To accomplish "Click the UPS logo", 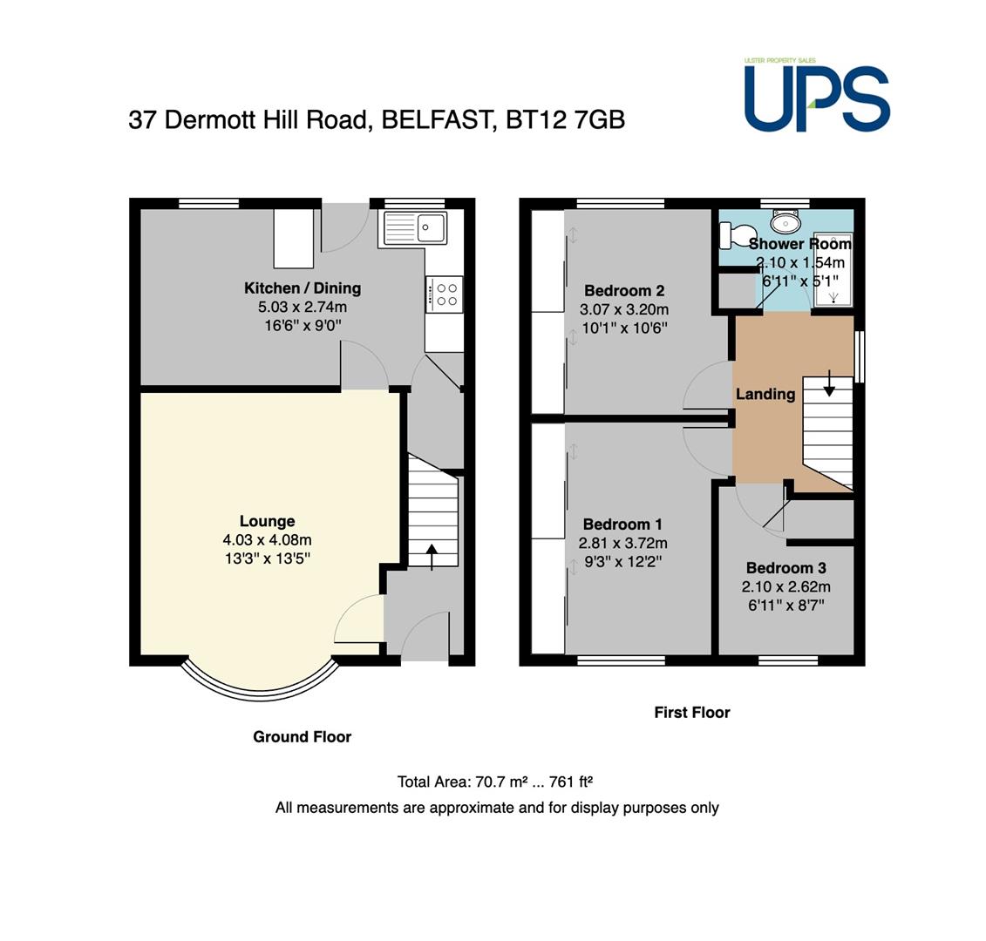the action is click(817, 95).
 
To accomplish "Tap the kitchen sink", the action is click(415, 227).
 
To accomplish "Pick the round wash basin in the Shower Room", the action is click(786, 221).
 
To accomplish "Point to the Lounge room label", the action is click(268, 521).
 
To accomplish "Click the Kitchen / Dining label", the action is click(303, 288).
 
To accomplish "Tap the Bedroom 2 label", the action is click(624, 290).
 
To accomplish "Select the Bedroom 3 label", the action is click(786, 568).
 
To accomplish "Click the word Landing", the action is click(766, 394).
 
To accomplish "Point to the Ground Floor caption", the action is click(303, 737).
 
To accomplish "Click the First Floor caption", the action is click(692, 712).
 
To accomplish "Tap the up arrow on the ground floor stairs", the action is click(432, 557).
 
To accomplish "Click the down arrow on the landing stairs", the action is click(829, 383).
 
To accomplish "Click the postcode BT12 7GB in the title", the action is click(565, 119).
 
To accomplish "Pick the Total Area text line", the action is click(495, 782).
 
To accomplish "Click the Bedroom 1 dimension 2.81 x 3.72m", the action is click(623, 543).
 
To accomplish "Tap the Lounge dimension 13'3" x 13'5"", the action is click(268, 559).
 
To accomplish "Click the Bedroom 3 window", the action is click(788, 660).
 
